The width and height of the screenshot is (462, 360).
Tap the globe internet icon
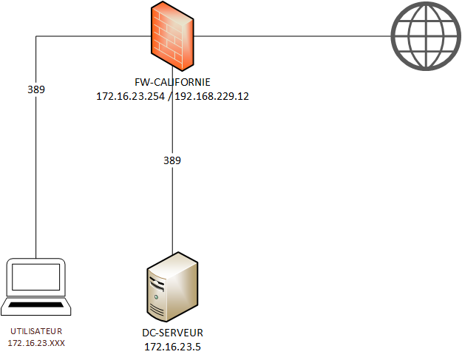click(x=424, y=35)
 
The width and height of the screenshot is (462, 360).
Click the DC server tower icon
click(x=172, y=285)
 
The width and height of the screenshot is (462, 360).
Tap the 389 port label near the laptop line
click(x=36, y=89)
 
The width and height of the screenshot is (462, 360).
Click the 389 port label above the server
click(x=172, y=160)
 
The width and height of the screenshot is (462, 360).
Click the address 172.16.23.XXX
click(x=36, y=344)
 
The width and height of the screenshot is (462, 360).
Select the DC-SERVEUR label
click(x=172, y=333)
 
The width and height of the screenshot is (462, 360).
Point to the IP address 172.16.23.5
click(x=172, y=346)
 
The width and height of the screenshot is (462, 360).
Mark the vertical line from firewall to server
click(x=172, y=207)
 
